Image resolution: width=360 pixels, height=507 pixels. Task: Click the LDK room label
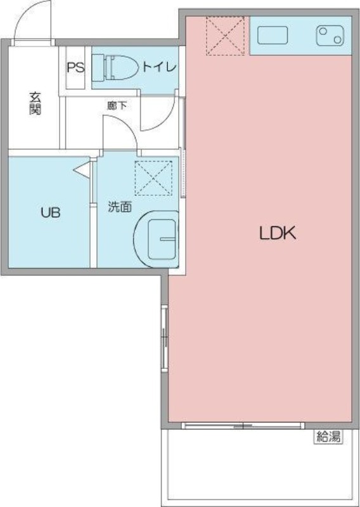(x=278, y=233)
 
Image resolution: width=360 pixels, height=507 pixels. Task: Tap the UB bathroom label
(x=51, y=212)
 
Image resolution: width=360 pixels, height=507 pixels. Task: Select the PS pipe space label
(x=75, y=67)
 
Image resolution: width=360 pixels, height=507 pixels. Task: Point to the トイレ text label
(x=160, y=67)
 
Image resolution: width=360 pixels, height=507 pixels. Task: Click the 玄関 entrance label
(x=35, y=103)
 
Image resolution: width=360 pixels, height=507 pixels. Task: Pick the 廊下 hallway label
(x=117, y=105)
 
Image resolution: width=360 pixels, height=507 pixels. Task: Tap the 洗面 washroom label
(x=120, y=207)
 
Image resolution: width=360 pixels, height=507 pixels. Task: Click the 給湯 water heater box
(x=328, y=437)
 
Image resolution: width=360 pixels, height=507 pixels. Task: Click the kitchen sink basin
(x=273, y=35)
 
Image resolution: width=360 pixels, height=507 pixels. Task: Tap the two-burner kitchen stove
(x=330, y=35)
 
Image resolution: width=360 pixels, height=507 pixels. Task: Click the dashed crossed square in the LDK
(x=226, y=36)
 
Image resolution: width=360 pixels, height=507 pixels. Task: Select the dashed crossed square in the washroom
(x=153, y=178)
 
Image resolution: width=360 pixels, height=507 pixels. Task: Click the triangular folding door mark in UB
(x=81, y=170)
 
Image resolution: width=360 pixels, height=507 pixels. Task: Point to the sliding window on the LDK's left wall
(x=165, y=338)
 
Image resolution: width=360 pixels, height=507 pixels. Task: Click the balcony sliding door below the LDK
(x=243, y=425)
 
